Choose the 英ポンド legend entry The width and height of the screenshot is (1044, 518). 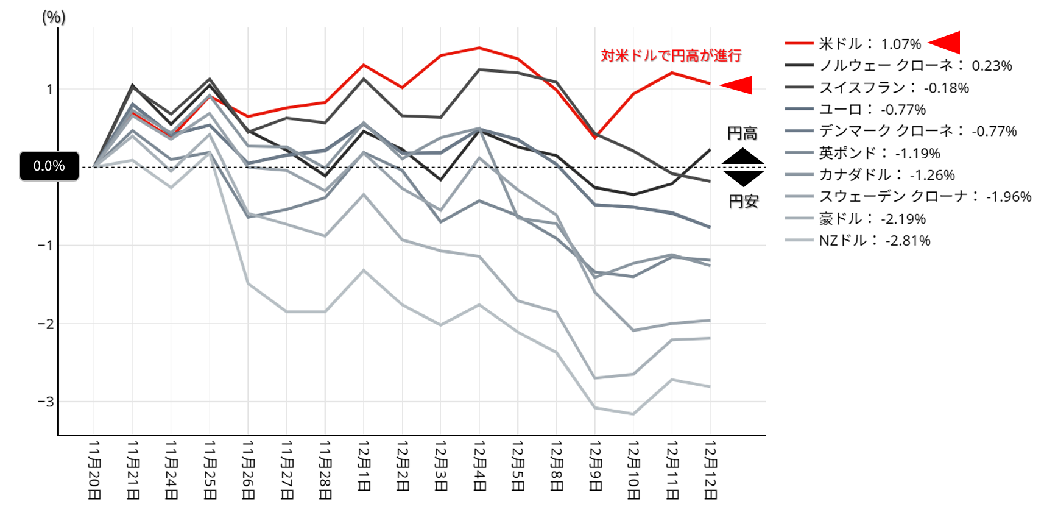coord(879,153)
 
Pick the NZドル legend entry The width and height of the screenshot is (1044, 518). coord(874,241)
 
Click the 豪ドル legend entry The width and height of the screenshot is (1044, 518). coord(872,219)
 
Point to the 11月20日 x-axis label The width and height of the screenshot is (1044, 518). coord(94,470)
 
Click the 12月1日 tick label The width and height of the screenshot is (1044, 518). coord(364,466)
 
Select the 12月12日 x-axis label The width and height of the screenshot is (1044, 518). coord(710,470)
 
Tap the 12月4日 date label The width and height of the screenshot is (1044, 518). coord(479,466)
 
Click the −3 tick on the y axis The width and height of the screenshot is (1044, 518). coord(46,402)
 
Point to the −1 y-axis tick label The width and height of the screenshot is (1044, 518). coord(46,246)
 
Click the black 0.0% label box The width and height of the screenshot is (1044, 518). coord(49,166)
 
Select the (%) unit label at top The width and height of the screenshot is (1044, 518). coord(54,17)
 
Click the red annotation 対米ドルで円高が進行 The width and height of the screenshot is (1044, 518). coord(671,55)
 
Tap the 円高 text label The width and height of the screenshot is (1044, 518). coord(742,133)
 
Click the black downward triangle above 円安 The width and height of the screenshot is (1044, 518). coord(743,177)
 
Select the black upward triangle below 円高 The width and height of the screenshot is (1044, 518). coord(743,157)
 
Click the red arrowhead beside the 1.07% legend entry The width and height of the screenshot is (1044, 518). coord(946,43)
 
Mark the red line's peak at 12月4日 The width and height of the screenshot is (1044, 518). coord(479,48)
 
